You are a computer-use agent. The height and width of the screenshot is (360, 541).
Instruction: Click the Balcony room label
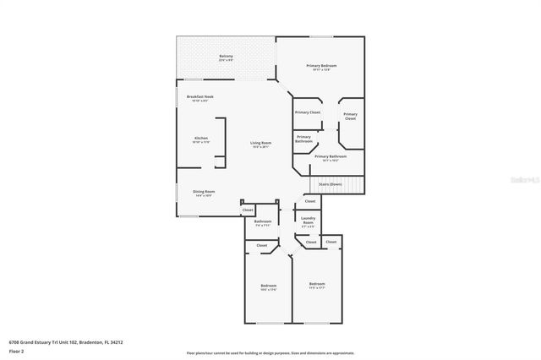(x=226, y=57)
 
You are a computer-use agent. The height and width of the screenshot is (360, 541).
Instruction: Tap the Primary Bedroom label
(x=321, y=65)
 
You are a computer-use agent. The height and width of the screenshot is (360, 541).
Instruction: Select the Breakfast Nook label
(x=200, y=96)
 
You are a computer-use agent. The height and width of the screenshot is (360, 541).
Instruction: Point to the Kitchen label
(x=201, y=138)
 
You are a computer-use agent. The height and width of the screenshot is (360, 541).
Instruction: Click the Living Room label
(x=260, y=143)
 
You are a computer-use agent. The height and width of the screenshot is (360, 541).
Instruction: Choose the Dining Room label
(x=204, y=191)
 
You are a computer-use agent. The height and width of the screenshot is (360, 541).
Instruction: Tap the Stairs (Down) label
(x=331, y=184)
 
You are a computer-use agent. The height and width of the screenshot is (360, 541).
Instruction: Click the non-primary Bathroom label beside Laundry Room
(x=263, y=221)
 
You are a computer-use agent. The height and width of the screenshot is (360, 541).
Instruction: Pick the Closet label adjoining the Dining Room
(x=248, y=210)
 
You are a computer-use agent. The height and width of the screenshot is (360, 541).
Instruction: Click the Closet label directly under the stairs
(x=310, y=201)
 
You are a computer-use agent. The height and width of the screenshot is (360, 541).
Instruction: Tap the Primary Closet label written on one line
(x=308, y=112)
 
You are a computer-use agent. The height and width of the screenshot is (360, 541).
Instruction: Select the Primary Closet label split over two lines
(x=350, y=116)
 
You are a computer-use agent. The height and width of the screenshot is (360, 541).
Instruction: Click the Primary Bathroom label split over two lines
(x=304, y=140)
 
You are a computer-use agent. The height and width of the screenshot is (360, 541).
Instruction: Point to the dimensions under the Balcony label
(x=226, y=61)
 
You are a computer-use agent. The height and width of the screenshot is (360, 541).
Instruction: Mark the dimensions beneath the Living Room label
(x=260, y=147)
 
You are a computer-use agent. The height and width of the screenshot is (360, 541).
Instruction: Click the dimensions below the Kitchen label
(x=201, y=142)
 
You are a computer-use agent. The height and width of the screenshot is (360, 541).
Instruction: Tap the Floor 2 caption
(x=15, y=350)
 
